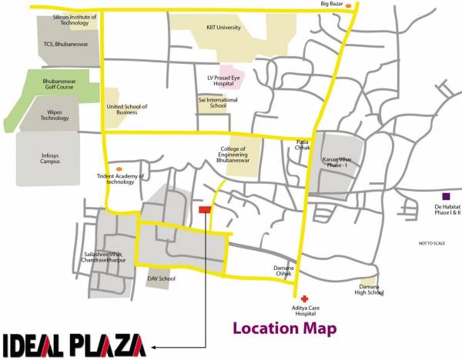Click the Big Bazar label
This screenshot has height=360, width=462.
pyautogui.click(x=330, y=4)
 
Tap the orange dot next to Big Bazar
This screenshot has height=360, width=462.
pyautogui.click(x=349, y=6)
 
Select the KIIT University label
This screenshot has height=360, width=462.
pyautogui.click(x=223, y=28)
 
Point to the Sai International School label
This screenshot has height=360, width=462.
pyautogui.click(x=212, y=102)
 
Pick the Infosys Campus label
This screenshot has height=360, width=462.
pyautogui.click(x=50, y=158)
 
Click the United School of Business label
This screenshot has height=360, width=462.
pyautogui.click(x=126, y=109)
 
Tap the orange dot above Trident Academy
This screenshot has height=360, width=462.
pyautogui.click(x=118, y=168)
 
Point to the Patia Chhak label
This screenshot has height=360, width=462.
pyautogui.click(x=303, y=145)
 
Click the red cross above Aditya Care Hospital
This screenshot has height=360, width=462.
pyautogui.click(x=304, y=298)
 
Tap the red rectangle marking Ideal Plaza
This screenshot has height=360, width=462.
pyautogui.click(x=205, y=209)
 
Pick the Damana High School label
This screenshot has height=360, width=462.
pyautogui.click(x=369, y=289)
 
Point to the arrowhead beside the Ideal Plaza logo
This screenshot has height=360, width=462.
pyautogui.click(x=153, y=348)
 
